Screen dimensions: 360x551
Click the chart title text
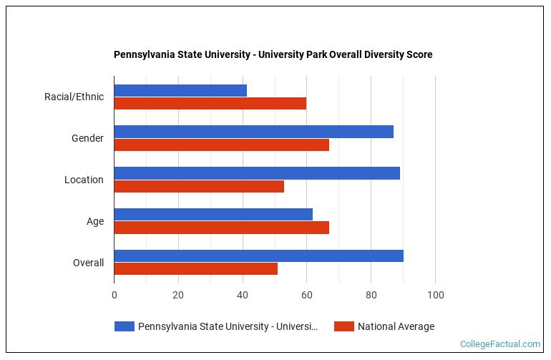click(273, 54)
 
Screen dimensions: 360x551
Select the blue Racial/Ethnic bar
click(180, 90)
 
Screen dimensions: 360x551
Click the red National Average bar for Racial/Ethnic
click(210, 103)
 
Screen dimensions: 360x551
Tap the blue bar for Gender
click(253, 132)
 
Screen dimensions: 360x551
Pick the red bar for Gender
click(221, 145)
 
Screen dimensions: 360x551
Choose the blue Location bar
click(257, 173)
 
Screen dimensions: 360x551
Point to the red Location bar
click(199, 186)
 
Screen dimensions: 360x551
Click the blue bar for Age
click(213, 214)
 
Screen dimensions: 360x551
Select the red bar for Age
click(221, 228)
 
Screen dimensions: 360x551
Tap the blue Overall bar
click(258, 256)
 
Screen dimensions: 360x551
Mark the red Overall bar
click(195, 269)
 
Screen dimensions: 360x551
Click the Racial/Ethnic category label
click(74, 97)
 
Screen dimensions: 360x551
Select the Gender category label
click(87, 138)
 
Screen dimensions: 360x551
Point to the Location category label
click(84, 180)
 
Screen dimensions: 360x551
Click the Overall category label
click(88, 263)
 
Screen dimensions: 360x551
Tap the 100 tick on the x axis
click(435, 295)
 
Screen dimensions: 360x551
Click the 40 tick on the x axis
click(243, 295)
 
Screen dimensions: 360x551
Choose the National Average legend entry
click(395, 326)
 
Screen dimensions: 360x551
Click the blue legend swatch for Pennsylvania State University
click(125, 326)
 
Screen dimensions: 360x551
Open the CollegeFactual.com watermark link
click(499, 344)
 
